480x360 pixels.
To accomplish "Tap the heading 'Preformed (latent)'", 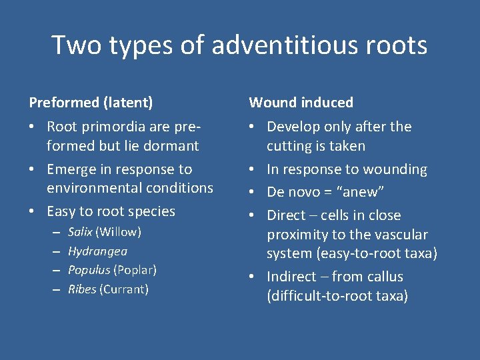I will tap(91, 103).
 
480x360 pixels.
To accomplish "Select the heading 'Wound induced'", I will tap(301, 103).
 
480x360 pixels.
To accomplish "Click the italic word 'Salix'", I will tap(80, 232).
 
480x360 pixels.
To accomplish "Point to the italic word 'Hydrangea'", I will tap(97, 251).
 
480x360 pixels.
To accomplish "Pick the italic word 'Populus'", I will tap(89, 270).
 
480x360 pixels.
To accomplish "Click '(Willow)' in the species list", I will tap(118, 232).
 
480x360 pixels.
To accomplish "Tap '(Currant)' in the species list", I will tap(123, 289).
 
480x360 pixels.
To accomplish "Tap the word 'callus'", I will tap(385, 277).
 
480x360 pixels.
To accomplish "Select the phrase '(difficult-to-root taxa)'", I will tap(337, 296).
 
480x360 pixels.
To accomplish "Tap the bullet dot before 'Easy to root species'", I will tap(33, 211).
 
